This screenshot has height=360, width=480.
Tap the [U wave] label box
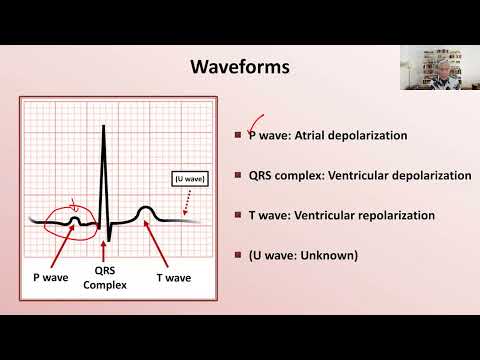(x=187, y=179)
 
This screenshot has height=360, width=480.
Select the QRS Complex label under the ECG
(x=103, y=276)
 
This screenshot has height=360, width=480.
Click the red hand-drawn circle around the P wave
(x=71, y=218)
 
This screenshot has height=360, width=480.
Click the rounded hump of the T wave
(x=146, y=210)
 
